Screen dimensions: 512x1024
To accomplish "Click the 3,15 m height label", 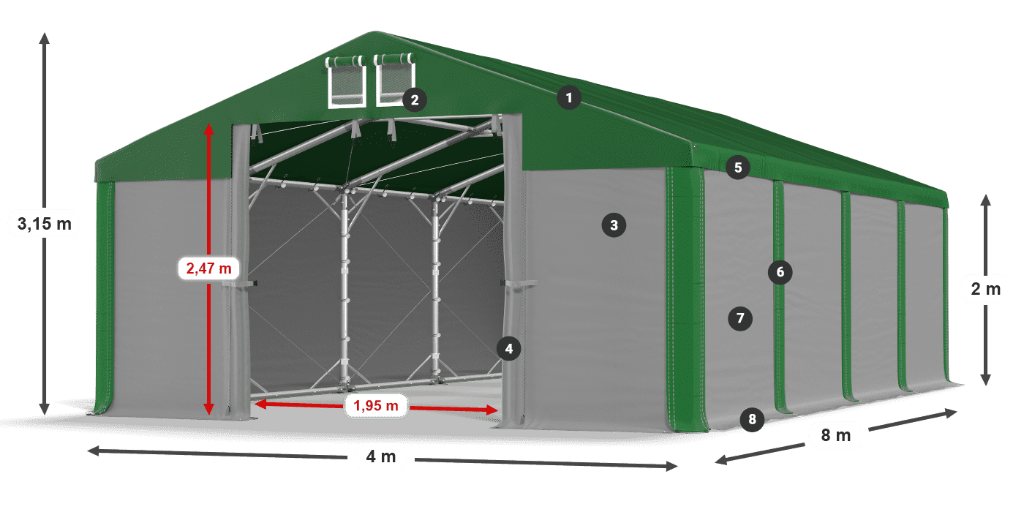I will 44,224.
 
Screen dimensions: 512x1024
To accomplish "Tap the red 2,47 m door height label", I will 208,268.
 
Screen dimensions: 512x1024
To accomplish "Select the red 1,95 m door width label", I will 375,405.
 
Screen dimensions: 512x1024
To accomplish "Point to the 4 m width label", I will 380,457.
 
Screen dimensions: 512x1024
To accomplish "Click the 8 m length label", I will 836,436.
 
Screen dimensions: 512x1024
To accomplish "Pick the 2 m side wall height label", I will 985,289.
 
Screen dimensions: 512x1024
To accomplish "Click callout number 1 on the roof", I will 568,97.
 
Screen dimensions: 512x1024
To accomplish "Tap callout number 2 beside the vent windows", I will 414,99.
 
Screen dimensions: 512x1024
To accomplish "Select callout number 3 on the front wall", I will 614,225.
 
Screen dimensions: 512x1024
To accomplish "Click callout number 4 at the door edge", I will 509,348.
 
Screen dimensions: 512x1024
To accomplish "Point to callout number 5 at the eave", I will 738,167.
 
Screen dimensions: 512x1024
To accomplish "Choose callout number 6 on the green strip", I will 780,273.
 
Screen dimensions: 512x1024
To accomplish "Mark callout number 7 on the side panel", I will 740,318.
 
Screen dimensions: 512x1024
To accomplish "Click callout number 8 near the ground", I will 751,419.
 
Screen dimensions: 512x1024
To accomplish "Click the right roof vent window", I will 396,80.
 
